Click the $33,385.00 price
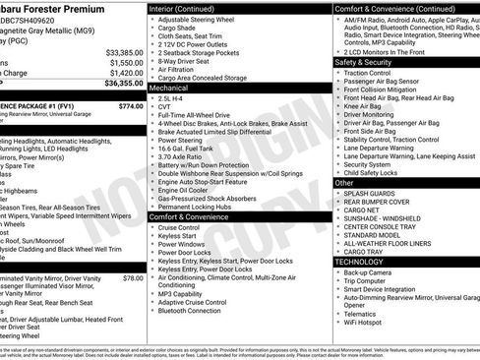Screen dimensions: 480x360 pyautogui.click(x=124, y=51)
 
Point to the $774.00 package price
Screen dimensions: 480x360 pyautogui.click(x=130, y=106)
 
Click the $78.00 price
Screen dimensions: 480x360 pyautogui.click(x=133, y=278)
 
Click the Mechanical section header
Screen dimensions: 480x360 pyautogui.click(x=169, y=88)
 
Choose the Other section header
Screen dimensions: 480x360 pyautogui.click(x=344, y=183)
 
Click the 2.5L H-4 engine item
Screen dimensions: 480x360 pyautogui.click(x=170, y=99)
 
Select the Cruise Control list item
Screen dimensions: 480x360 pyautogui.click(x=179, y=227)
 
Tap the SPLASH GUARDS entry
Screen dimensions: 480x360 pyautogui.click(x=371, y=195)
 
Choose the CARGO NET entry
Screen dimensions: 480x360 pyautogui.click(x=362, y=210)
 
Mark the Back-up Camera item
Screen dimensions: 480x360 pyautogui.click(x=371, y=272)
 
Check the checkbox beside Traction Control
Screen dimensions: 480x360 pyautogui.click(x=337, y=73)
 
